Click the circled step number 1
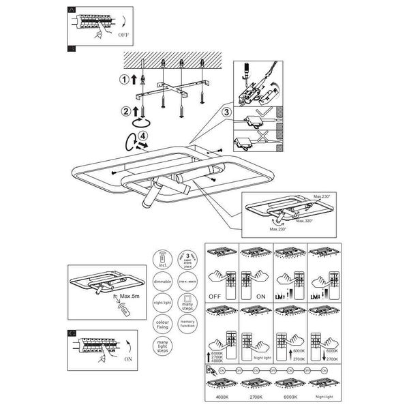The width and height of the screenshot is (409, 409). (124, 80)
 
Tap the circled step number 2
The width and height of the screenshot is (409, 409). (125, 112)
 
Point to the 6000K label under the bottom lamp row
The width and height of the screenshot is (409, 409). (290, 396)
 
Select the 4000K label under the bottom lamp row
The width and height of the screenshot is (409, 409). (222, 396)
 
